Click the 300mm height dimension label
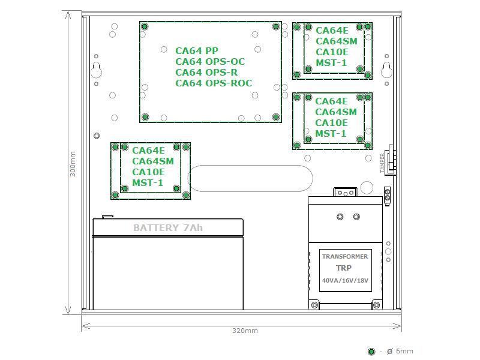73,164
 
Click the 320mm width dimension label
245,331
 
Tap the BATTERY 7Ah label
168,228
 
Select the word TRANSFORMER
345,257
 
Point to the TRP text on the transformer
344,268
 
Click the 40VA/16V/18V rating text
345,280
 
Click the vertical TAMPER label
382,163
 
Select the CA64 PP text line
197,50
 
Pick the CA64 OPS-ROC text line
214,83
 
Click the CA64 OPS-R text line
206,72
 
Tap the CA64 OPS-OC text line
211,62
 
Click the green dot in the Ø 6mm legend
371,352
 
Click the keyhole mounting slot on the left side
97,70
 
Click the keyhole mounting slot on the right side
386,70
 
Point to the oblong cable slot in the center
250,178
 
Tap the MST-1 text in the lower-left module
148,183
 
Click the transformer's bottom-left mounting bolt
314,305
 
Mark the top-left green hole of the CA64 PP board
145,26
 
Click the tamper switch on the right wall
391,160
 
